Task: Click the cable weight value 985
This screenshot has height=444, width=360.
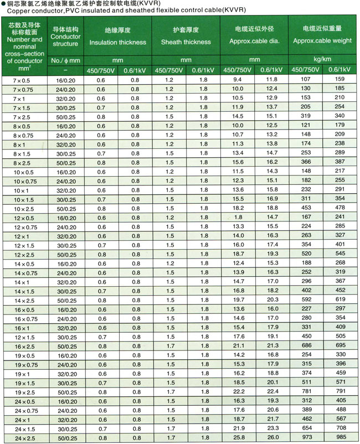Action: [x=340, y=438]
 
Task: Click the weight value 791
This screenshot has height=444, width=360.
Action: [x=340, y=392]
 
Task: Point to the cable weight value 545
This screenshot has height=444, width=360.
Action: [x=340, y=254]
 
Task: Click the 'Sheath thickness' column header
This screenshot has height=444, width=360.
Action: [x=186, y=42]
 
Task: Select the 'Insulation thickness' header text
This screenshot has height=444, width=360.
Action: [x=117, y=42]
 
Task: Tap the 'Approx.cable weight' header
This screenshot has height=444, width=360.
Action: [x=322, y=40]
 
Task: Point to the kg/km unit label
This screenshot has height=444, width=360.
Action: [x=322, y=59]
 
